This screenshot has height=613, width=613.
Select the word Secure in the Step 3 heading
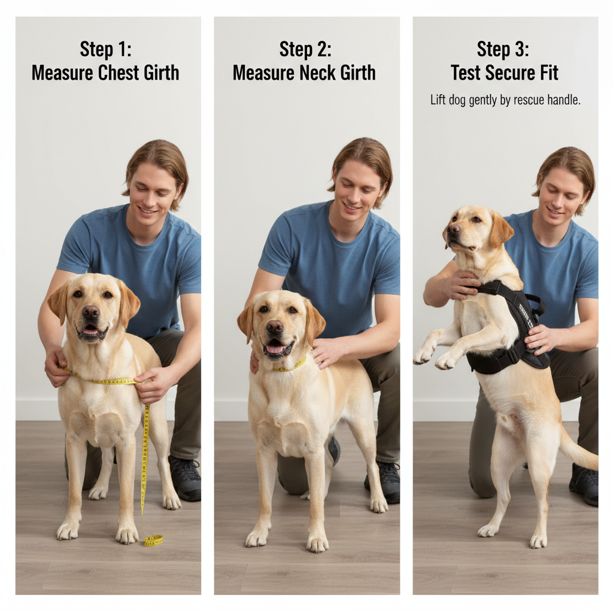(x=510, y=72)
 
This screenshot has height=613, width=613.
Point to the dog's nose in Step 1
(x=91, y=311)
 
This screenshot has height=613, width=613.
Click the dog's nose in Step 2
(x=274, y=327)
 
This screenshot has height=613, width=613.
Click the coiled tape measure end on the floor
(x=153, y=541)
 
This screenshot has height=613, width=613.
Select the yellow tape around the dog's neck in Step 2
(x=290, y=366)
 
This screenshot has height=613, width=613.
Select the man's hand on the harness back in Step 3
(x=541, y=339)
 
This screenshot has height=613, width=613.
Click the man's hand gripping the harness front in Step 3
(x=463, y=284)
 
